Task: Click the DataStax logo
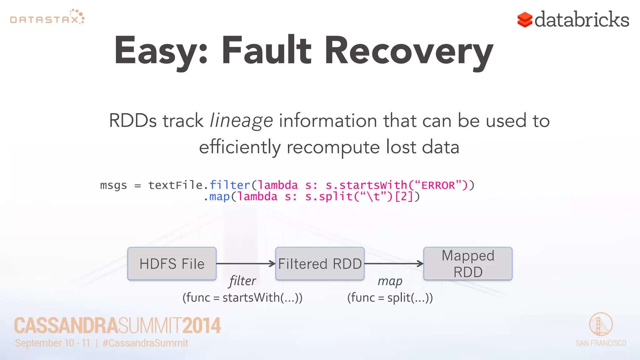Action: click(47, 17)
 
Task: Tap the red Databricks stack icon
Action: click(525, 20)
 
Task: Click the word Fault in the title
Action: click(266, 51)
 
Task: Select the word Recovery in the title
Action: click(409, 52)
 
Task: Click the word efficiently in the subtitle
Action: click(240, 147)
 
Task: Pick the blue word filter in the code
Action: click(230, 185)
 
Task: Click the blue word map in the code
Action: click(219, 197)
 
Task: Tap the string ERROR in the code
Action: click(438, 185)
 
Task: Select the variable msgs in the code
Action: click(113, 186)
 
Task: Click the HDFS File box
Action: click(172, 263)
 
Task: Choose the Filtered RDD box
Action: click(320, 263)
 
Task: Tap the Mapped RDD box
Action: click(468, 263)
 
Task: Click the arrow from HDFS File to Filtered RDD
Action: click(246, 263)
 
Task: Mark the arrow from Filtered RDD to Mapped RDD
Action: click(394, 263)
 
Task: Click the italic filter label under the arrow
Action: click(242, 281)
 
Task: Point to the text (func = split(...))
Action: click(390, 297)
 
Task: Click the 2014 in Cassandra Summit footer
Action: click(202, 326)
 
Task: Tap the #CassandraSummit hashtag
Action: click(145, 343)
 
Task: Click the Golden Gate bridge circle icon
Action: click(601, 324)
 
